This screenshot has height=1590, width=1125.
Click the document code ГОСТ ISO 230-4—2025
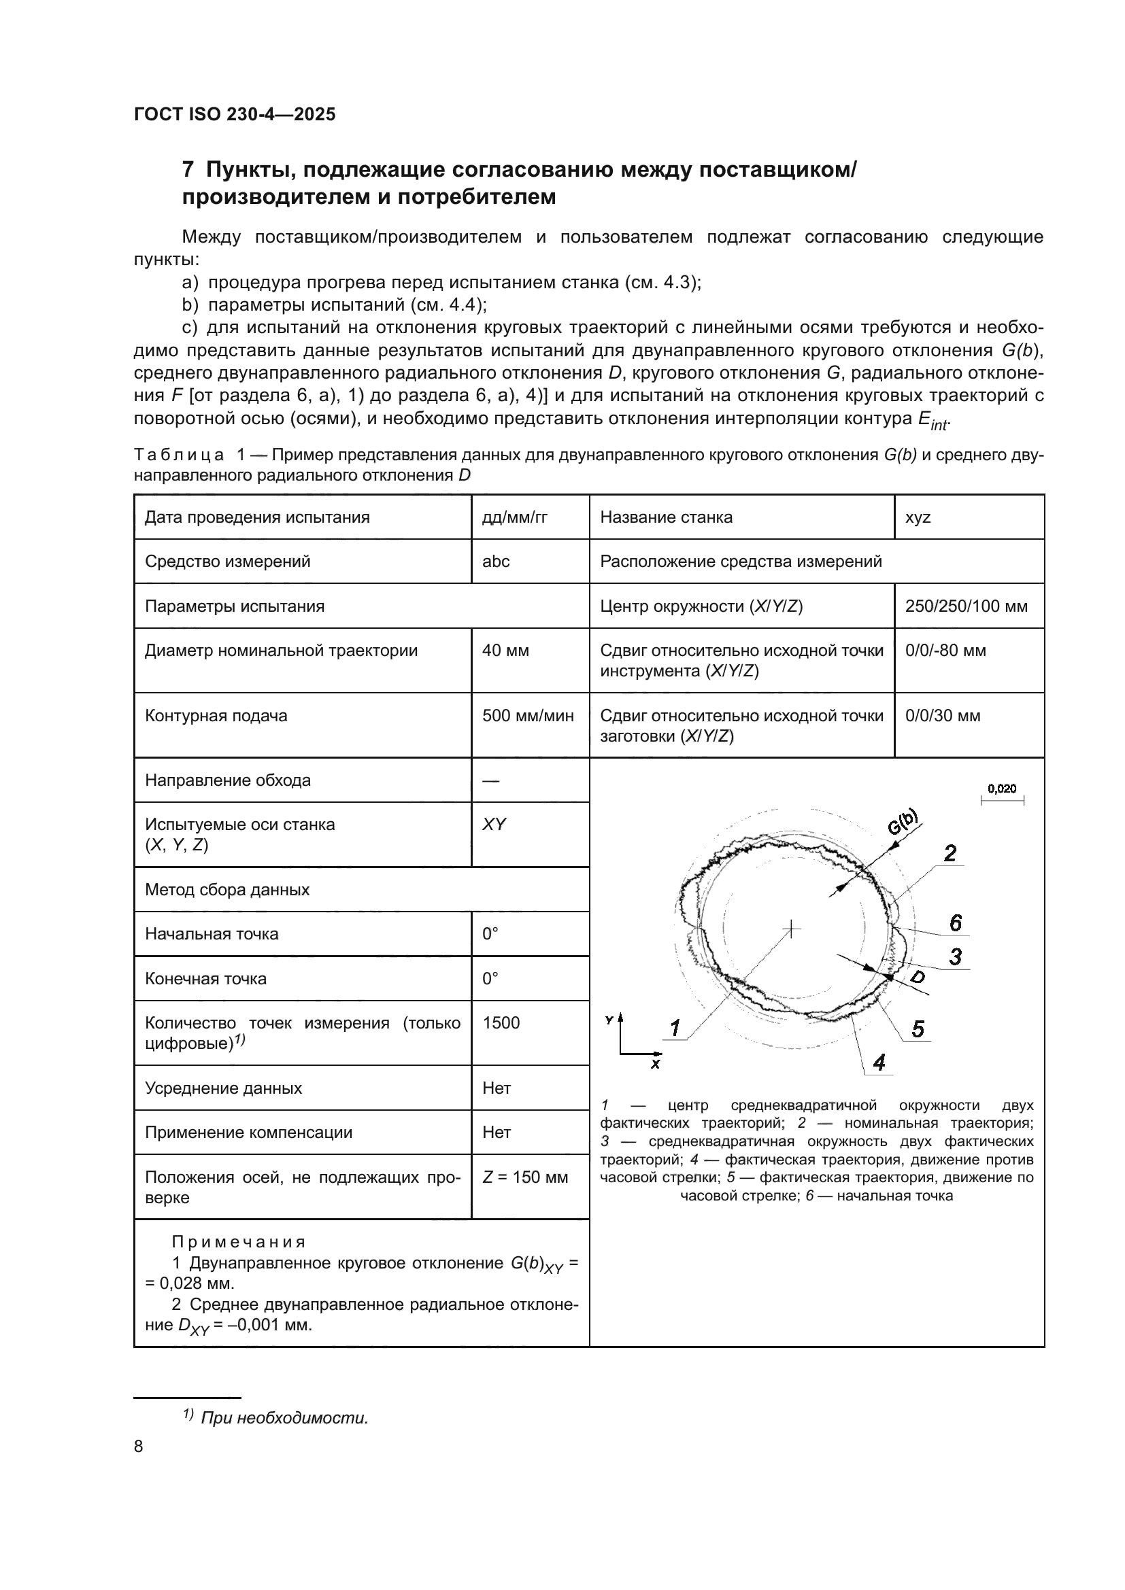coord(234,114)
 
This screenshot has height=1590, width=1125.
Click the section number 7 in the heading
coord(187,170)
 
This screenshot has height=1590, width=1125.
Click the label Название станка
coord(666,517)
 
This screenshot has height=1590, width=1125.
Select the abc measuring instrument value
coord(495,561)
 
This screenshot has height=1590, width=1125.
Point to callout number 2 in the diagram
coord(950,853)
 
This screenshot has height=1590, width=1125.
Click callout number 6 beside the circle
coord(955,922)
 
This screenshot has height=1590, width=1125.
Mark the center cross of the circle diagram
coord(790,929)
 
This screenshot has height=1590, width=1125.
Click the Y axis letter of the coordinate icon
coord(609,1020)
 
